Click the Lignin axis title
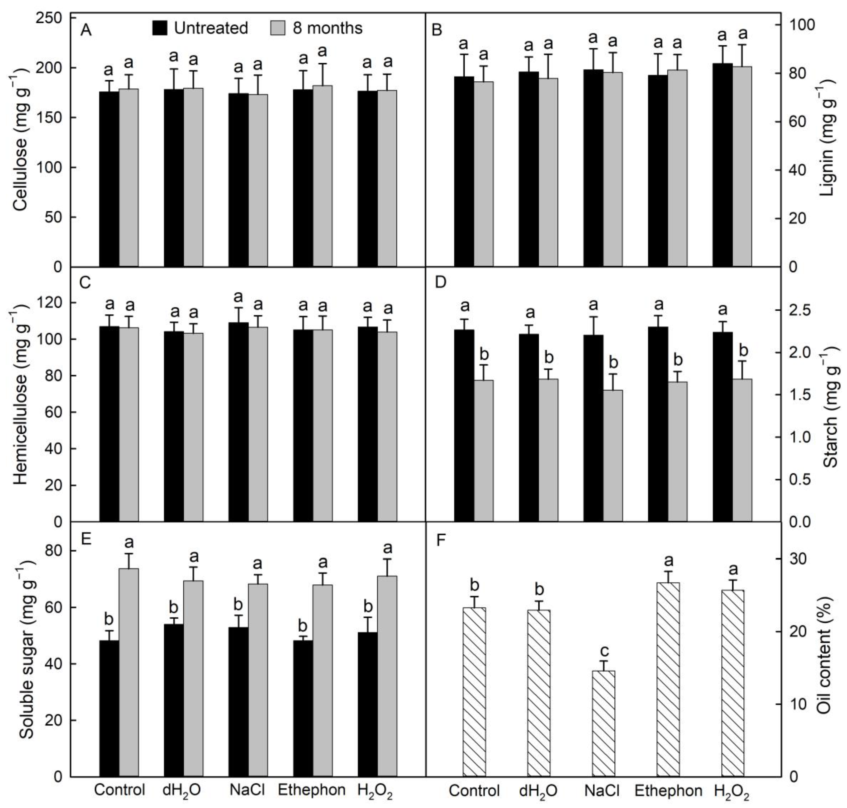point(828,138)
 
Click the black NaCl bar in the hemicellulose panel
point(238,422)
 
